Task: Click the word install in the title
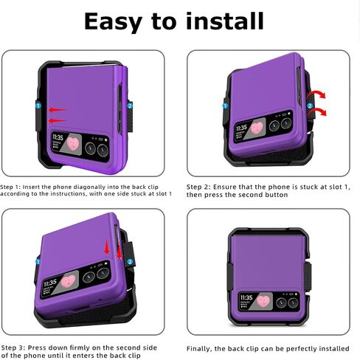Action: (x=225, y=21)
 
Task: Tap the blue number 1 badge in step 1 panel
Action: (x=38, y=106)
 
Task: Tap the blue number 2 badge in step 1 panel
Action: (x=130, y=106)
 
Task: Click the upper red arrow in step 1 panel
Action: (x=58, y=110)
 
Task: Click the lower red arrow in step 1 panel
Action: (x=58, y=120)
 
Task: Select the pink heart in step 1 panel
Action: (x=73, y=144)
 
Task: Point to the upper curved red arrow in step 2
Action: (x=317, y=94)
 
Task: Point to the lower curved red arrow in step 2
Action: (x=318, y=111)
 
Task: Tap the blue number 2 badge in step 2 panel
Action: (x=310, y=106)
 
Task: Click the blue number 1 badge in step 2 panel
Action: (x=225, y=106)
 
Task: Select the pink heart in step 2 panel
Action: (x=257, y=127)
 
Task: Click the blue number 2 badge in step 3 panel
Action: (x=131, y=262)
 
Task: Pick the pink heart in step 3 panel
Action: (x=69, y=281)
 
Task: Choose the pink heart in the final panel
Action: (x=263, y=301)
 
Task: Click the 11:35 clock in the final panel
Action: (x=246, y=298)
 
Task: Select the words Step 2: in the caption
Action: (x=198, y=187)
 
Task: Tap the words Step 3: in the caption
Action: (x=13, y=348)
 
